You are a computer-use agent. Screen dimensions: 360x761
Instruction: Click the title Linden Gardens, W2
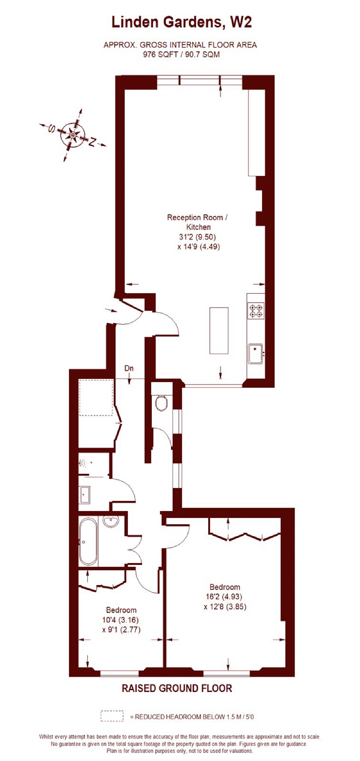(x=182, y=23)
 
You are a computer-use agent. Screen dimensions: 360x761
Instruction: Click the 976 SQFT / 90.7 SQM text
(x=181, y=54)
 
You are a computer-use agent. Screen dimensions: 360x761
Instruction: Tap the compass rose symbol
(x=73, y=135)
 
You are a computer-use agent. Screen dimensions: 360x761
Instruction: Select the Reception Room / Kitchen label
(x=198, y=222)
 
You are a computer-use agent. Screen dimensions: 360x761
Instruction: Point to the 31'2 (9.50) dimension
(x=197, y=237)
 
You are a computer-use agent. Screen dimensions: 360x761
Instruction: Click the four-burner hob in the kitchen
(x=256, y=311)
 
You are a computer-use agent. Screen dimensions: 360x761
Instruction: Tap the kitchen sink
(x=256, y=354)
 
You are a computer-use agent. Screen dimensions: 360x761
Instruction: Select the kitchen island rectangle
(x=219, y=331)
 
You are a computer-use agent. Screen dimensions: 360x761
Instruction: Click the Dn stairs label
(x=129, y=368)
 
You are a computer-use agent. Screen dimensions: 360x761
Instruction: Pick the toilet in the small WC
(x=162, y=402)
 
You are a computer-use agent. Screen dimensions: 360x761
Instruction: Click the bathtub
(x=89, y=542)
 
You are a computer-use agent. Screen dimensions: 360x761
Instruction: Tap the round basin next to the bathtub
(x=110, y=521)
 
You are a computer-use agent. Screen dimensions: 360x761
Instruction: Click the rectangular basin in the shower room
(x=85, y=495)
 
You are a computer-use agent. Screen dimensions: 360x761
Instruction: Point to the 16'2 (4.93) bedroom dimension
(x=224, y=596)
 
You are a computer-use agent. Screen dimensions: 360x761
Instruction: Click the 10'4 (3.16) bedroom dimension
(x=121, y=620)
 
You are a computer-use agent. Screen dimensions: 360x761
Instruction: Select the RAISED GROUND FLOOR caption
(x=177, y=688)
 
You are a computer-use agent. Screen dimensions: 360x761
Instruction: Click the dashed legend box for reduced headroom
(x=112, y=716)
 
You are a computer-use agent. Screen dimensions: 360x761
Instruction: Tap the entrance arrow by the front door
(x=110, y=310)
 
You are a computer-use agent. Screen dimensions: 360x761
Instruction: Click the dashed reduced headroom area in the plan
(x=96, y=398)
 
